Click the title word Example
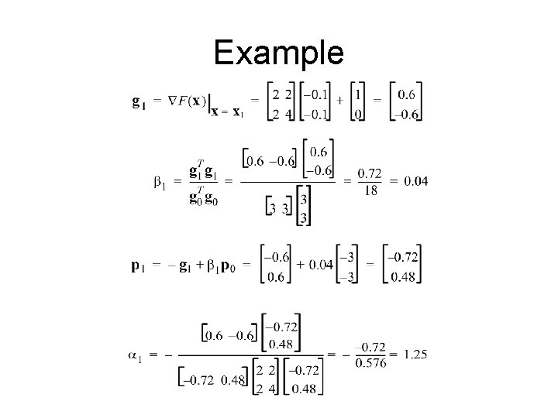click(x=278, y=53)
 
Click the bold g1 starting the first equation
click(x=137, y=101)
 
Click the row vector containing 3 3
click(x=277, y=207)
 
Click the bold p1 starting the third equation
click(x=136, y=266)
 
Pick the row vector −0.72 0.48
click(x=214, y=379)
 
